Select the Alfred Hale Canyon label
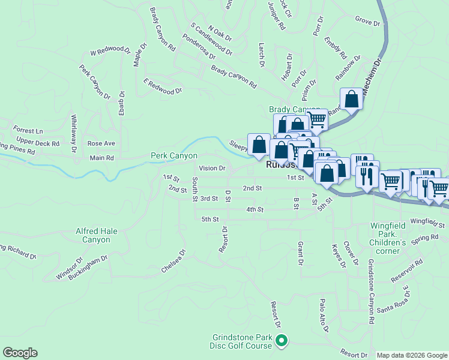pos(93,235)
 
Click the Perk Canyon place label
pos(173,156)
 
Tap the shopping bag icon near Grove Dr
pos(351,99)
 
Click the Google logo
pos(20,353)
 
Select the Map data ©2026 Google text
pos(412,355)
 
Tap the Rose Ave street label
pos(101,143)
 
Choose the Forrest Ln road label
pos(28,130)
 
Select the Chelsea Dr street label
pos(174,261)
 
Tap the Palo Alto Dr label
pos(324,316)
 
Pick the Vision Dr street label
pos(212,169)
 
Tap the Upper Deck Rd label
pos(38,144)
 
